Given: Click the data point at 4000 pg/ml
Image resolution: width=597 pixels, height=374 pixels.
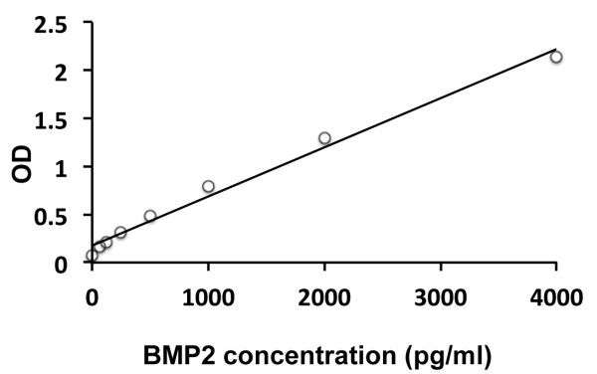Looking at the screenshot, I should [x=556, y=57].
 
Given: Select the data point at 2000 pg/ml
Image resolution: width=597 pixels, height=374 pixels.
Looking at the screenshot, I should [x=324, y=138].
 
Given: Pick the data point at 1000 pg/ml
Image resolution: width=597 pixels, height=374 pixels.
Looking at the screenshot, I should [x=208, y=186].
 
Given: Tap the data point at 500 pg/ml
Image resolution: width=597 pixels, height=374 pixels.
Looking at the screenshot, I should [x=150, y=216].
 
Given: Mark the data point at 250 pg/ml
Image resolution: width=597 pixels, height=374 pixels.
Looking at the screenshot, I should [x=120, y=233].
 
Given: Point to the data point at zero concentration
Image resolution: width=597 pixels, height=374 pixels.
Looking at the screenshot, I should [x=92, y=256].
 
